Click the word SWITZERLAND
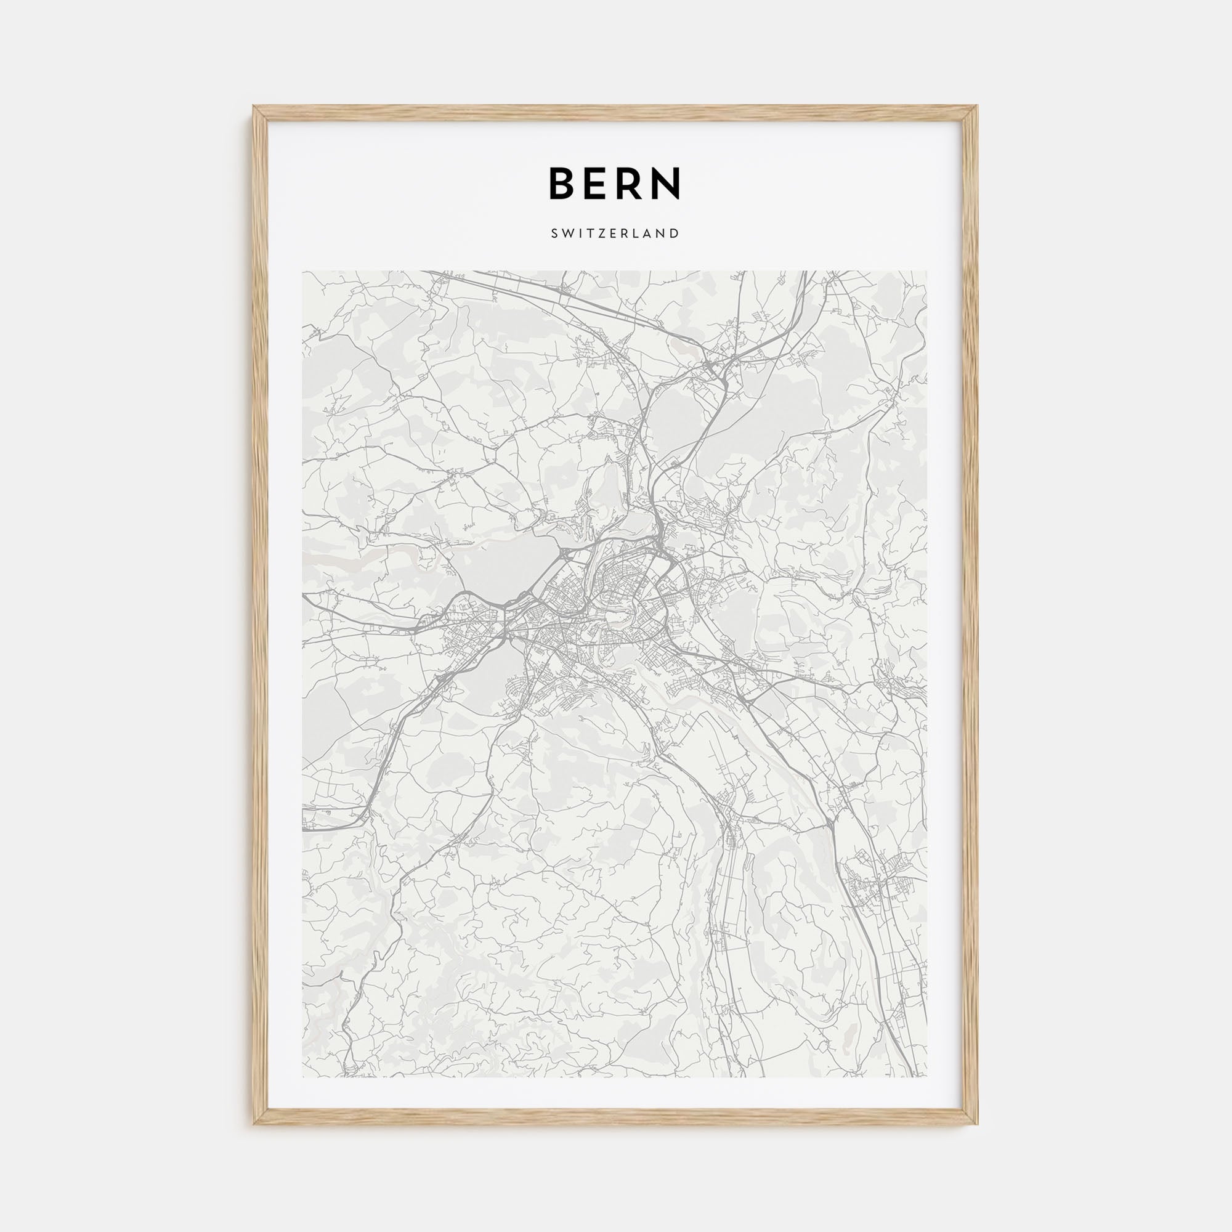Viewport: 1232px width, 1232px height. click(x=615, y=233)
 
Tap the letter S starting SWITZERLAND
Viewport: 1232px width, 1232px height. click(x=553, y=233)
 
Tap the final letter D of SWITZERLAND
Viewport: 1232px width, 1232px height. click(x=676, y=233)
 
